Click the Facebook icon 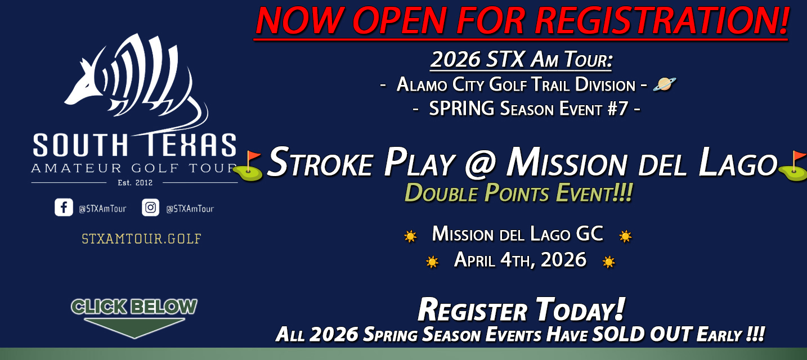[64, 208]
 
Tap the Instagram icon [150, 208]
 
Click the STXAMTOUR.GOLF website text [141, 238]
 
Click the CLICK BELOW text [134, 307]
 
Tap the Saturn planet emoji [664, 84]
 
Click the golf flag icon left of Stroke [249, 166]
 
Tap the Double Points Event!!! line [518, 194]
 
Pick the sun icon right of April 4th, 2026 [608, 262]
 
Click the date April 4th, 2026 [520, 260]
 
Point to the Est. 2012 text [134, 182]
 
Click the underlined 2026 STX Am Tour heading [521, 60]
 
